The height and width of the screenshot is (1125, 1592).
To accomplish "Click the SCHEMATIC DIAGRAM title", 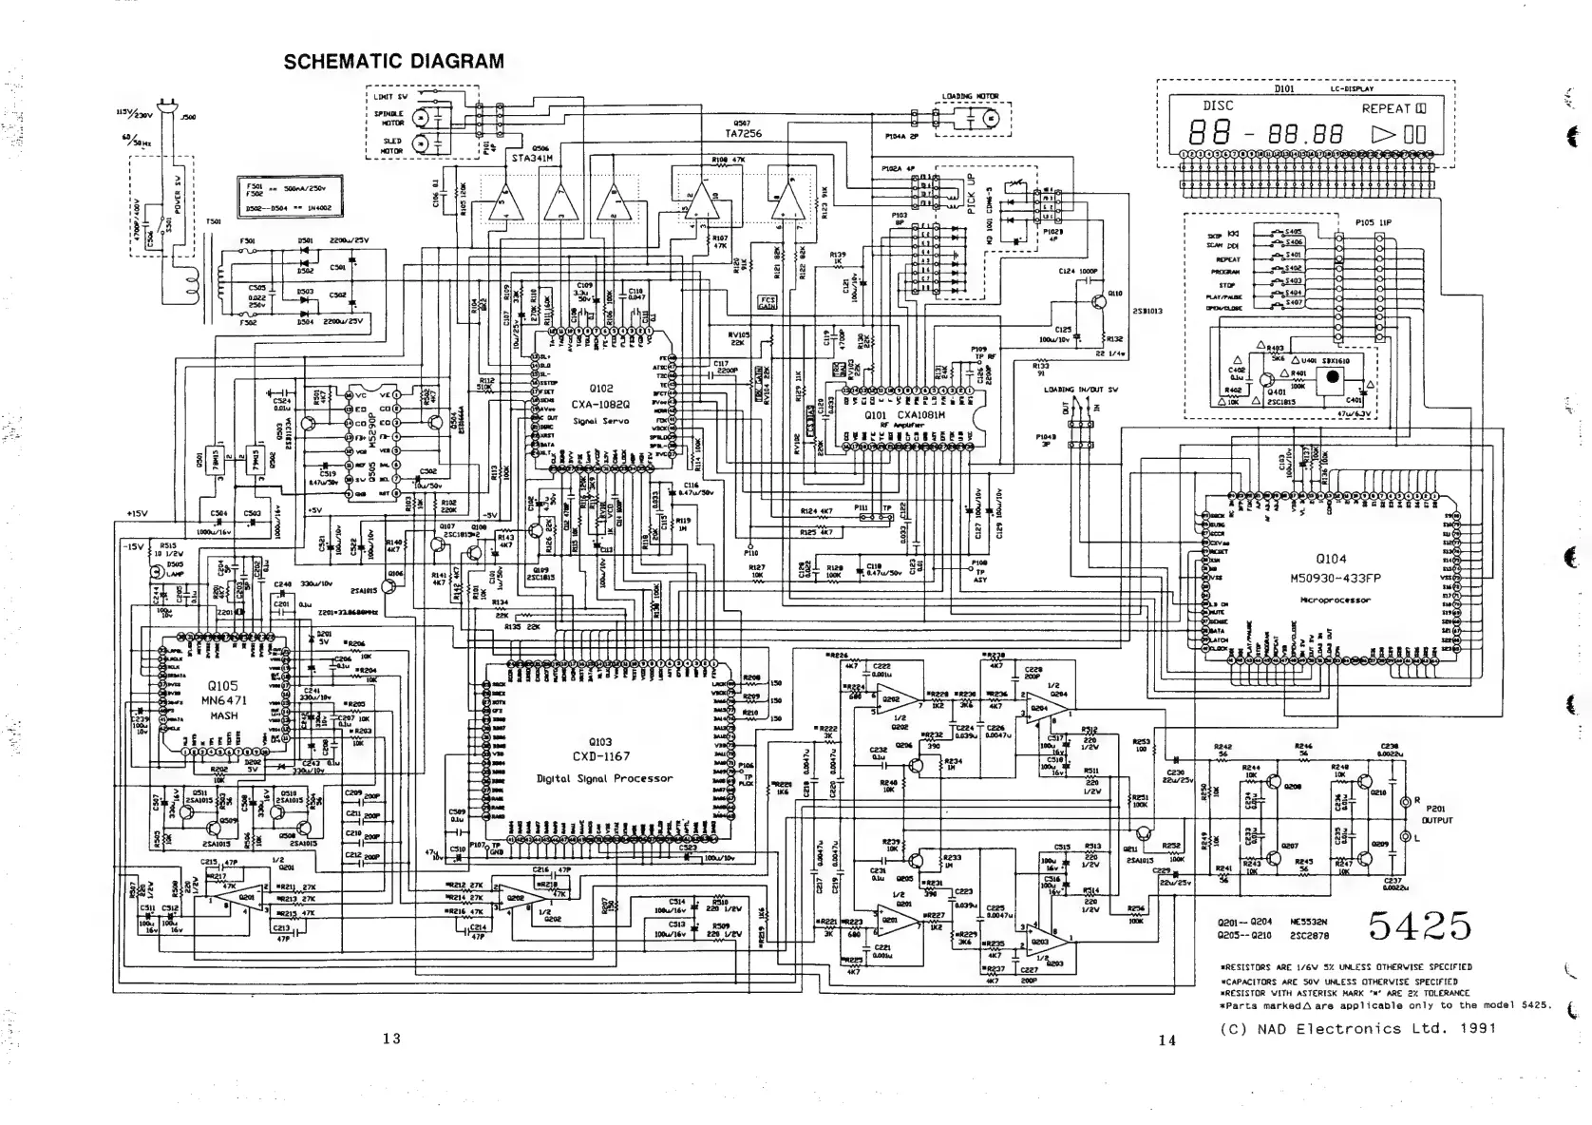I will pyautogui.click(x=394, y=62).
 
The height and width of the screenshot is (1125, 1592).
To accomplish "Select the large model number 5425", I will pyautogui.click(x=1420, y=924).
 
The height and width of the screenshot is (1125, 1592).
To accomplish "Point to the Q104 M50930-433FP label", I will pyautogui.click(x=1335, y=568).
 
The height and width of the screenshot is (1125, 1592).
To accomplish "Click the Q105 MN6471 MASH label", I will pyautogui.click(x=223, y=700).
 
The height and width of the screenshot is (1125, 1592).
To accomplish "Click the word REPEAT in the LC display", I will pyautogui.click(x=1386, y=108).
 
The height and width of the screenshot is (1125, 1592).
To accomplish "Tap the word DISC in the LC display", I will pyautogui.click(x=1219, y=106).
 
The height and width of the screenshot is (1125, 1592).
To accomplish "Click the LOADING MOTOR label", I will pyautogui.click(x=970, y=97).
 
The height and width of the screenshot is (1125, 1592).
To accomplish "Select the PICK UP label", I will pyautogui.click(x=971, y=194).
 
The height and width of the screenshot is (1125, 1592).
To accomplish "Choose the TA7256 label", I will pyautogui.click(x=744, y=134).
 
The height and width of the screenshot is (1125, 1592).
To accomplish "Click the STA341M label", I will pyautogui.click(x=532, y=159).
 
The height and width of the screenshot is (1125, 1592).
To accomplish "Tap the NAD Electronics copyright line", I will pyautogui.click(x=1357, y=1028).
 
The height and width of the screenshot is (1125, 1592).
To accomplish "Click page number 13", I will pyautogui.click(x=391, y=1039).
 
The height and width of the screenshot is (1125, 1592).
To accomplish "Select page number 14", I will pyautogui.click(x=1166, y=1040).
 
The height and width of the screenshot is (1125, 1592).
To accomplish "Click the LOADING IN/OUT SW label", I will pyautogui.click(x=1081, y=390).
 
